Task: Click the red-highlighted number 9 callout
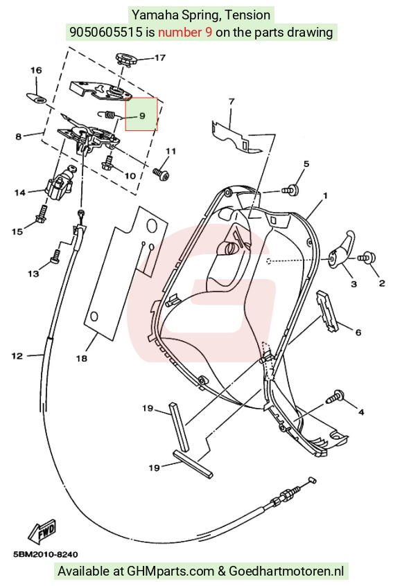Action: coord(141,115)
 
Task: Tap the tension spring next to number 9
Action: coord(109,114)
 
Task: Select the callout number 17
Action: coord(159,58)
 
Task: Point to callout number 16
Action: coord(36,70)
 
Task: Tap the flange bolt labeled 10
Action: coord(107,163)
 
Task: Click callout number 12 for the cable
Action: coord(17,356)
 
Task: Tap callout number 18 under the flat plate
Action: coord(82,358)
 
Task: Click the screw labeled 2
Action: coord(367,257)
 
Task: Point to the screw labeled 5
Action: coord(290,190)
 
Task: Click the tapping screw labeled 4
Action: coord(336,396)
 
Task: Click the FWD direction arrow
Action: coord(42,531)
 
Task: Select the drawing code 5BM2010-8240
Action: coord(46,555)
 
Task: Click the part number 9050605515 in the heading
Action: coord(106,32)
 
